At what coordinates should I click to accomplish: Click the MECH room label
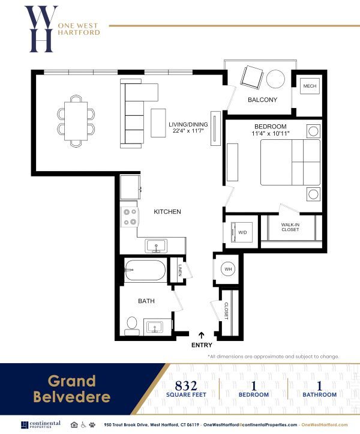[x=310, y=86]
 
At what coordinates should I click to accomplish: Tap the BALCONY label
[x=262, y=100]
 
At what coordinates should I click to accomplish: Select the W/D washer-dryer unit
[x=242, y=232]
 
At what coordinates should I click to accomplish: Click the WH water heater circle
[x=229, y=270]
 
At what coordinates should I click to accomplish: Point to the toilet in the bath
[x=132, y=325]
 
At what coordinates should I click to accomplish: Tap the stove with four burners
[x=130, y=217]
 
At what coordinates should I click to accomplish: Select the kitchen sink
[x=157, y=246]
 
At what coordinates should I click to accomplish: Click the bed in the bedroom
[x=290, y=163]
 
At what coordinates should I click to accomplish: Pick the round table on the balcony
[x=276, y=79]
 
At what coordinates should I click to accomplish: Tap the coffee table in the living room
[x=158, y=122]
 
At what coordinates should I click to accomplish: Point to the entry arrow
[x=202, y=335]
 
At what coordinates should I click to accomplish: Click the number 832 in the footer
[x=187, y=385]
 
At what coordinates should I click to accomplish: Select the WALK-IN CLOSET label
[x=290, y=228]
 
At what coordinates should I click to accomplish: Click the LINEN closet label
[x=180, y=271]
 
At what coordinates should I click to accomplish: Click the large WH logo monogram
[x=41, y=28]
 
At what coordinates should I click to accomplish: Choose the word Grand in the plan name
[x=72, y=381]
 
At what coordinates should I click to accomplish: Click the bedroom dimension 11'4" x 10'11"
[x=270, y=134]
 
